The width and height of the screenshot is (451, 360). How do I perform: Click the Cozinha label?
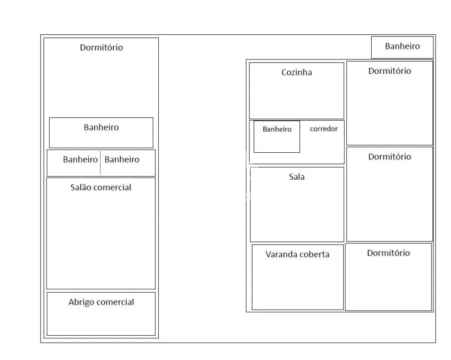(297, 72)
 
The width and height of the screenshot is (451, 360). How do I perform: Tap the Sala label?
(297, 177)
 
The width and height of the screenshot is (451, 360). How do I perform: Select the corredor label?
(323, 129)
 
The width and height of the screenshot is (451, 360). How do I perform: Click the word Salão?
(80, 187)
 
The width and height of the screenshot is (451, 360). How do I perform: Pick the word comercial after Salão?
(112, 187)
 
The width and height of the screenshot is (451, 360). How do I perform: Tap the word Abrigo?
(81, 302)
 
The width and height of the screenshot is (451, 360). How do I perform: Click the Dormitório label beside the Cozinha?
(390, 71)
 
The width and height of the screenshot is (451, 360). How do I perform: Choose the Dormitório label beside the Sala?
(390, 157)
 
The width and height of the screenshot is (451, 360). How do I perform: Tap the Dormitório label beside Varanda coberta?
(388, 253)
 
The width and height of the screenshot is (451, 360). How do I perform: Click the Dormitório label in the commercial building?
(101, 47)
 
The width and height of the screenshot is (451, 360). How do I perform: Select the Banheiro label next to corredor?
(277, 129)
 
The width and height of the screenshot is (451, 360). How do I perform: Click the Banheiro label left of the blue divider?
(80, 159)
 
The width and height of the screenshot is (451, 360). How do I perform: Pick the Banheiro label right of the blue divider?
(122, 159)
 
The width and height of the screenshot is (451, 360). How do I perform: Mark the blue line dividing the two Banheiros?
(100, 162)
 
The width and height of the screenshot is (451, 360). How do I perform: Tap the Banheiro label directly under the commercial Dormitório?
(101, 127)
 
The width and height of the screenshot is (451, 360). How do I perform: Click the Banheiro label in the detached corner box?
(402, 46)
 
